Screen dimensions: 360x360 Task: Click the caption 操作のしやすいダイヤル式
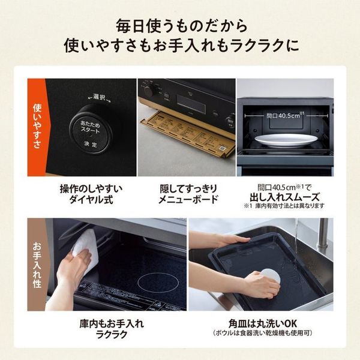coord(91,194)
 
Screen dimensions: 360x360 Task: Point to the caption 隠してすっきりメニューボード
coord(187,194)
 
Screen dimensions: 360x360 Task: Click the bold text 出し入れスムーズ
coord(284,196)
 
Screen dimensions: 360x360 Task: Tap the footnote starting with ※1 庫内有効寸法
coord(284,206)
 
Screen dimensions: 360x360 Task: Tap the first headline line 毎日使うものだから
coord(180,27)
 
